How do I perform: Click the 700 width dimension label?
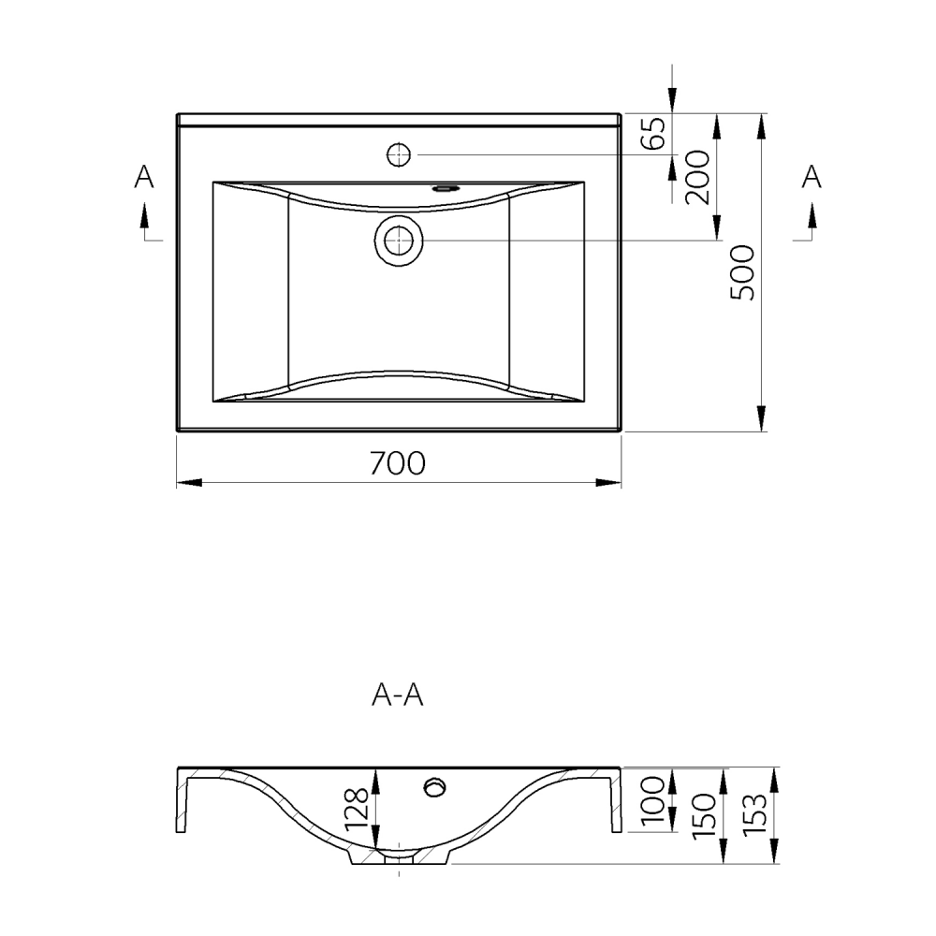[398, 463]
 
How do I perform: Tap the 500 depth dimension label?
[743, 272]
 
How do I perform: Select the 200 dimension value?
[697, 177]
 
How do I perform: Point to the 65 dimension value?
[652, 133]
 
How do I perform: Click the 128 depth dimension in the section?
[357, 809]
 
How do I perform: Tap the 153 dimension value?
[753, 815]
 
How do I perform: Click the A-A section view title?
[398, 695]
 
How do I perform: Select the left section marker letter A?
[144, 176]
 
